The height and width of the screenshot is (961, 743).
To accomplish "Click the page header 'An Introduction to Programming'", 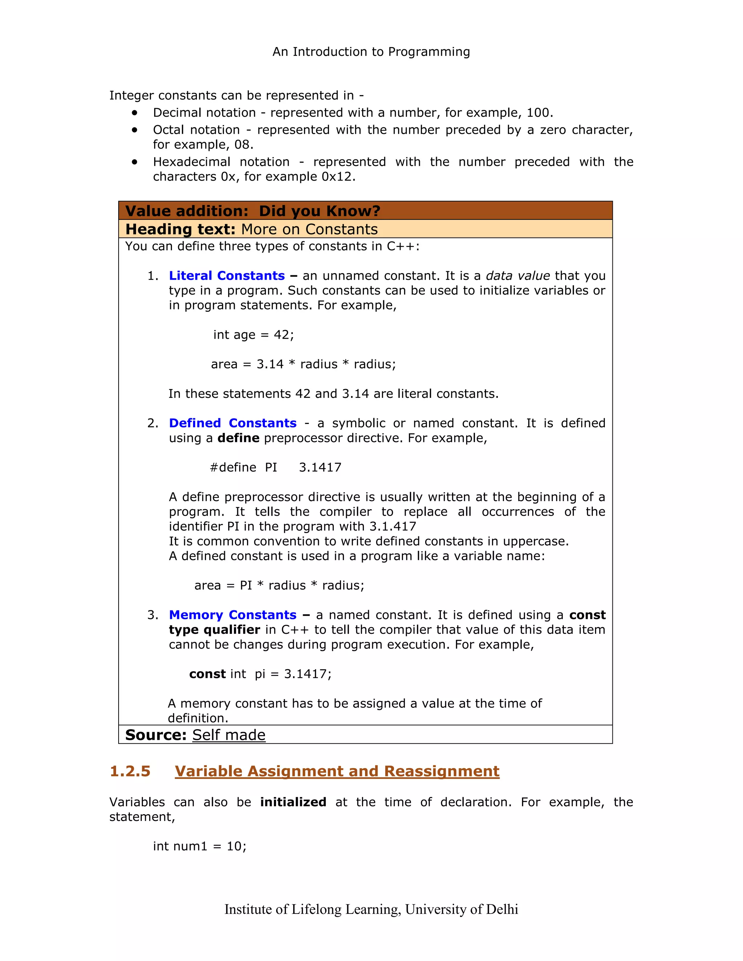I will (x=371, y=52).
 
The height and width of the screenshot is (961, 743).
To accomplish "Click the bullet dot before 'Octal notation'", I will (x=135, y=130).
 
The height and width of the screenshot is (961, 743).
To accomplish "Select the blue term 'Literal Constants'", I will (x=227, y=276).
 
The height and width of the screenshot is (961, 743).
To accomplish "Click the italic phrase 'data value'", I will (x=518, y=276).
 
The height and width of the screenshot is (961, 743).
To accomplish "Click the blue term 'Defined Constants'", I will (x=233, y=423).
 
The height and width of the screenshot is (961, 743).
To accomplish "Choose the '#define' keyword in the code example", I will (x=233, y=467).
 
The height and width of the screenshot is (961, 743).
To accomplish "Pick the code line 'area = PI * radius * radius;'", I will (x=279, y=586).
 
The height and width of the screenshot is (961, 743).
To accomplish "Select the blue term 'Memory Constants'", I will (x=233, y=615).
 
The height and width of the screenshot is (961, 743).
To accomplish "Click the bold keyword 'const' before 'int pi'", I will (x=207, y=674).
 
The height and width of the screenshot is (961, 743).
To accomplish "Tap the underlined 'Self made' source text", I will (x=229, y=735).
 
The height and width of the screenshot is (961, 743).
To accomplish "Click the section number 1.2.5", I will (x=130, y=771).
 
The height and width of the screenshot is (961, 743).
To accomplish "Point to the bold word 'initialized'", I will (x=293, y=802).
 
